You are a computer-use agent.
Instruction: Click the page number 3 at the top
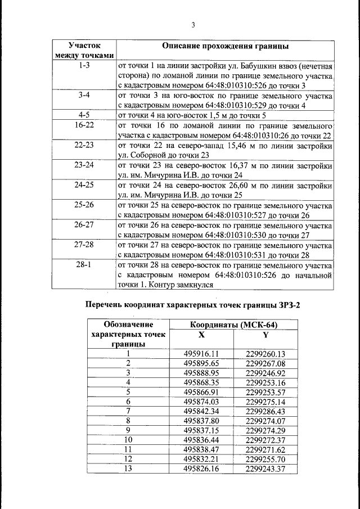(x=193, y=25)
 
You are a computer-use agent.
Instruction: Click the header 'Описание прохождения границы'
(x=226, y=45)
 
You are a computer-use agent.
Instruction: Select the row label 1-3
(x=84, y=66)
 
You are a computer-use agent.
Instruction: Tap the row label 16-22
(x=84, y=125)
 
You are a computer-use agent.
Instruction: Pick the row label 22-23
(x=84, y=145)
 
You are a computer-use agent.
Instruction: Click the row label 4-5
(x=84, y=115)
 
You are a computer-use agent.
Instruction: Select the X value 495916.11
(x=201, y=354)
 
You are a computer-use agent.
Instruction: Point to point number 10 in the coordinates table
(x=128, y=440)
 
